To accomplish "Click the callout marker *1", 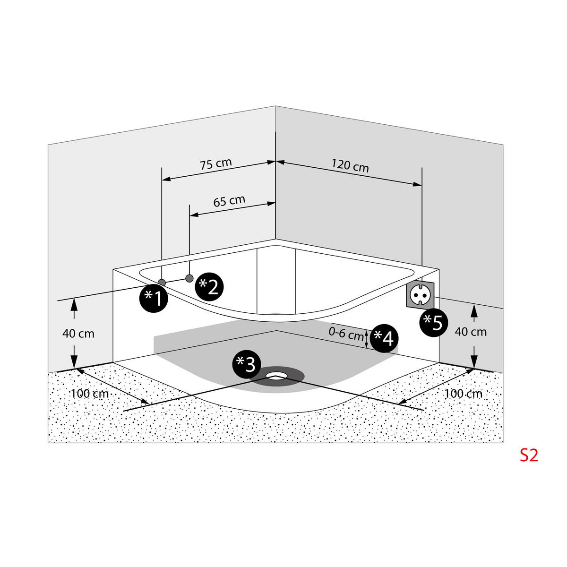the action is (x=154, y=298).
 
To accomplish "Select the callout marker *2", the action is (x=209, y=287).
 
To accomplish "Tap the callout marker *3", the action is (x=247, y=364).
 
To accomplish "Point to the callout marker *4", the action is (x=384, y=338).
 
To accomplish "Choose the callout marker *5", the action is (x=433, y=323).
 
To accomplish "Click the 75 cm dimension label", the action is (x=216, y=164).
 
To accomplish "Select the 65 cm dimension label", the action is (x=229, y=201).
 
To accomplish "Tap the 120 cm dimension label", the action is (x=350, y=166).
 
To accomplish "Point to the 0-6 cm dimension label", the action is (x=346, y=334).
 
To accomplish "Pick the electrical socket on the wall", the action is (x=420, y=295).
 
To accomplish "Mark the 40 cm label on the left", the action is (x=78, y=334).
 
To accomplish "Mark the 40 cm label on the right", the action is (x=471, y=332).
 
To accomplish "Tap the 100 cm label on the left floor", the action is (x=90, y=394).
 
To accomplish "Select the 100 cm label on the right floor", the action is (x=463, y=394).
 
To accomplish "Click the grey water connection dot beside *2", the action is (x=189, y=278).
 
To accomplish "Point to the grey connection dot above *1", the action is (x=162, y=283).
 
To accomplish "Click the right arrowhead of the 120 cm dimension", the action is (x=418, y=184).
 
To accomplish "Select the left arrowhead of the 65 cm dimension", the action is (x=194, y=215).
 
